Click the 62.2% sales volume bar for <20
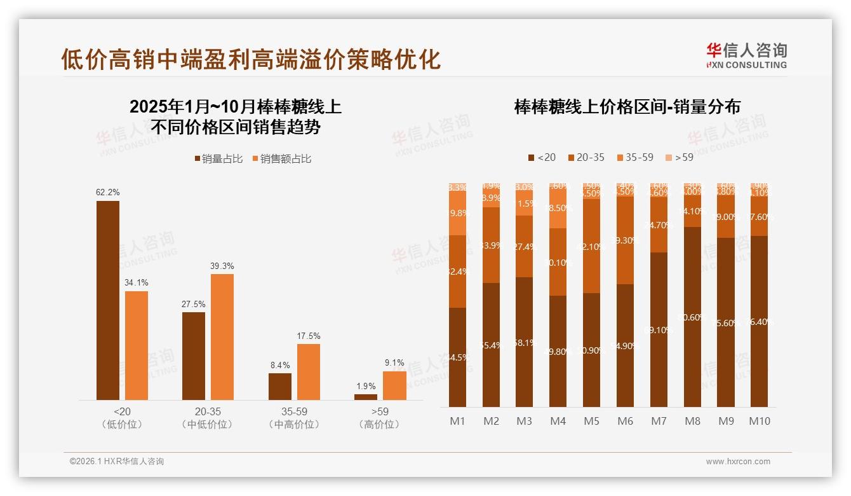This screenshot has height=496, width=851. click(107, 300)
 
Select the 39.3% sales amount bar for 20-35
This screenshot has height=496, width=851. click(222, 337)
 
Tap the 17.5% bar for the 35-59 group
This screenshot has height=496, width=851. click(308, 372)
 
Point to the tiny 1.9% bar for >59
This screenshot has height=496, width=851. click(365, 397)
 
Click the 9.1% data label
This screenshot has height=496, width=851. click(394, 363)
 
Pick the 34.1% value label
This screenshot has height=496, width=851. click(136, 282)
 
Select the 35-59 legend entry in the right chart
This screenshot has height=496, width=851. click(634, 157)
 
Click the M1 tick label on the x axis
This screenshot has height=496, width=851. click(457, 421)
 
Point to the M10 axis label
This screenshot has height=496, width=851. click(759, 421)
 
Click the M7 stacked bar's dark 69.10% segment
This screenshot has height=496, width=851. click(659, 329)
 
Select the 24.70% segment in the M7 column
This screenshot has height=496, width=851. click(659, 224)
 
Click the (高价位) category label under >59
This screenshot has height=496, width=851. click(380, 425)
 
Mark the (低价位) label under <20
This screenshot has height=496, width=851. click(122, 425)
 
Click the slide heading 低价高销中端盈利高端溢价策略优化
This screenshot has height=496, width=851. click(250, 59)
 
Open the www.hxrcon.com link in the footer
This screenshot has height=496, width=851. click(737, 462)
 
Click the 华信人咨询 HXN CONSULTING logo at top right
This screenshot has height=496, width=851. click(746, 55)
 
